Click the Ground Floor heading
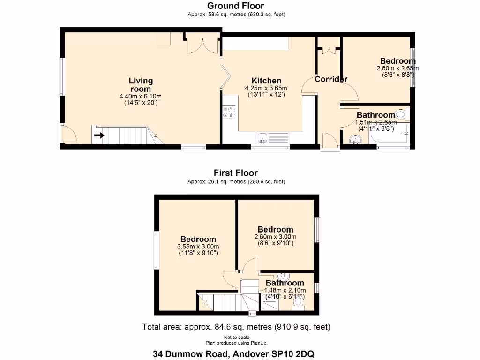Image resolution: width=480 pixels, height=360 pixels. (x=236, y=6)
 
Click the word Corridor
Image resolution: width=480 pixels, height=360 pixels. (x=330, y=79)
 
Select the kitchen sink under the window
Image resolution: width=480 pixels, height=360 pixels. (x=263, y=138)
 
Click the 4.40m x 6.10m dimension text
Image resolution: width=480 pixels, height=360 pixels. (x=141, y=97)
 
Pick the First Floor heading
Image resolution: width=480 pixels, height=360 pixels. (x=236, y=173)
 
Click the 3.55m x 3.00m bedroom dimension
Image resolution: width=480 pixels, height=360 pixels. (x=198, y=247)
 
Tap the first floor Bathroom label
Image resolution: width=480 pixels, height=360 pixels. (x=285, y=283)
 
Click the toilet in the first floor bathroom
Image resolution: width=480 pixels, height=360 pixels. (x=298, y=303)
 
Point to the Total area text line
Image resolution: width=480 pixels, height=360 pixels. (x=237, y=327)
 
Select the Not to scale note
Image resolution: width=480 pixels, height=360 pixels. (x=237, y=337)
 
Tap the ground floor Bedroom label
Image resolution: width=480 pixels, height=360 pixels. (x=397, y=61)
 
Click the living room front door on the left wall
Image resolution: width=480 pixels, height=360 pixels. (x=68, y=134)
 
